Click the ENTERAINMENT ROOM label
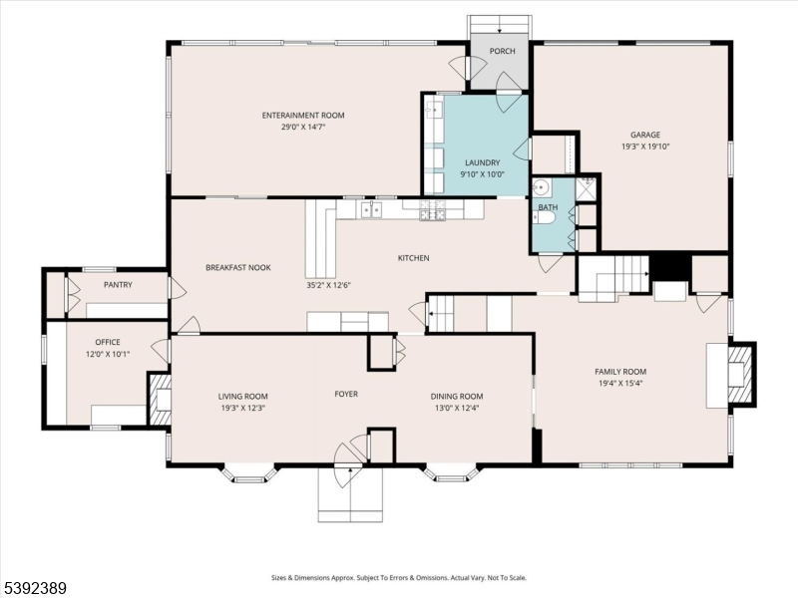(x=303, y=116)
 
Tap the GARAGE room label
(x=644, y=135)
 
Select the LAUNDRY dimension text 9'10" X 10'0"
(x=482, y=174)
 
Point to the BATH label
(x=548, y=207)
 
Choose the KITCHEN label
(x=413, y=258)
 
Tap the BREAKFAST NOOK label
(x=238, y=267)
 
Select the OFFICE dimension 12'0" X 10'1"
(x=107, y=354)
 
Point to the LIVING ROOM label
(x=242, y=396)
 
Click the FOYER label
(x=345, y=394)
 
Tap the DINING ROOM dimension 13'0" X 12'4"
(x=456, y=408)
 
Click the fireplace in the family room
(x=739, y=375)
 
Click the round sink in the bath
(x=542, y=188)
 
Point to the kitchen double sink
(x=370, y=209)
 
